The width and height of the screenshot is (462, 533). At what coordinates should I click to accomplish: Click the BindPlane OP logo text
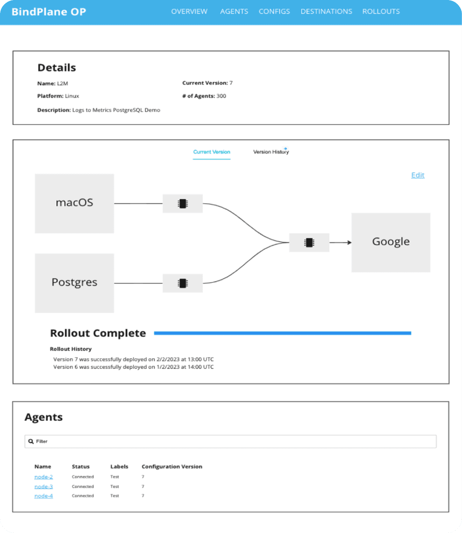(49, 12)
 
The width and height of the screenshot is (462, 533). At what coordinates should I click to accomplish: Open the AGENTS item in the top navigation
(234, 12)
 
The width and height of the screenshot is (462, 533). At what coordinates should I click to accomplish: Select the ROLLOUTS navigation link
(381, 12)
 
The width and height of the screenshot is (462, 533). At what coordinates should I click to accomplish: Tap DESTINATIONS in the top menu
(326, 12)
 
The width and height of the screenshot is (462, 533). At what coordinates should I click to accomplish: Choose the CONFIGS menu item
(274, 12)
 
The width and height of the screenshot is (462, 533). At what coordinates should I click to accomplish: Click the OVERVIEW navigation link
(189, 12)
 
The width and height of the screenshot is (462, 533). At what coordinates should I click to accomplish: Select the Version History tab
(271, 151)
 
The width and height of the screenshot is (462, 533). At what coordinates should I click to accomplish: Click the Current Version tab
(211, 152)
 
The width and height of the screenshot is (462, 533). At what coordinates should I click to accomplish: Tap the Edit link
(417, 175)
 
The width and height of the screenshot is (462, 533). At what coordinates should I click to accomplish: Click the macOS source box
(75, 203)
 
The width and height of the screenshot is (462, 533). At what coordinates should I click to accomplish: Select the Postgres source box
(75, 283)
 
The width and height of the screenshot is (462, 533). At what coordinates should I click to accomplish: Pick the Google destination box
(391, 242)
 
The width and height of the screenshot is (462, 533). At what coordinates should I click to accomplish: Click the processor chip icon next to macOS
(183, 204)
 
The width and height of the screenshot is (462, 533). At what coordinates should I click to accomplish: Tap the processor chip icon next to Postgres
(183, 283)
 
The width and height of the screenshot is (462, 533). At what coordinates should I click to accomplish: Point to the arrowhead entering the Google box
(350, 242)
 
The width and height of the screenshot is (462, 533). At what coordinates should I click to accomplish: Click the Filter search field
(231, 441)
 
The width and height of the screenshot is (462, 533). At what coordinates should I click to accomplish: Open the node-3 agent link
(43, 486)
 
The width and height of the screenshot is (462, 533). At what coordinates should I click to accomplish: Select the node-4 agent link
(43, 496)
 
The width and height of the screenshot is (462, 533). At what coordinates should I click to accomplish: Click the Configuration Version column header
(172, 466)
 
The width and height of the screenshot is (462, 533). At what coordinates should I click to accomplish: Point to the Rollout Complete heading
(98, 333)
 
